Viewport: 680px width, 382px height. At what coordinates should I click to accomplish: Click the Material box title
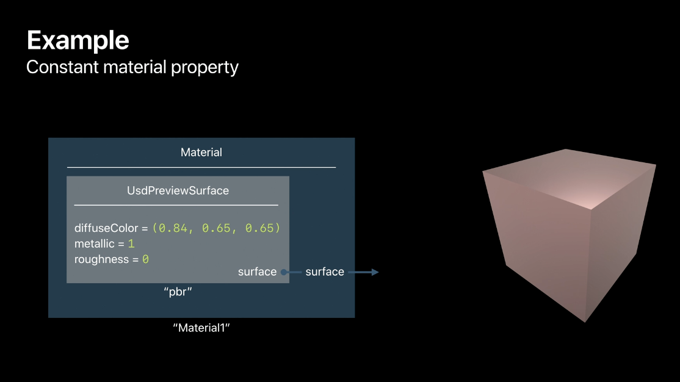coord(201,153)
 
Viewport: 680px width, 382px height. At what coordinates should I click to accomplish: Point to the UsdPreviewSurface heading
coord(178,191)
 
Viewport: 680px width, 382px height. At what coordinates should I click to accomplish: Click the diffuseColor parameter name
coord(106,228)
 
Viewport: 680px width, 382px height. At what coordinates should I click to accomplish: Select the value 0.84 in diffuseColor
coord(173,228)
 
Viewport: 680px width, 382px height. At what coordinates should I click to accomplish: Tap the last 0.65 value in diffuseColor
coord(260,228)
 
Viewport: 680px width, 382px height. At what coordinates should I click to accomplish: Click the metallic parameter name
coord(94,243)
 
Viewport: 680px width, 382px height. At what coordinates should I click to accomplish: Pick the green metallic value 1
coord(131,243)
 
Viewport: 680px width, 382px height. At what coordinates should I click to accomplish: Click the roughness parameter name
coord(101,259)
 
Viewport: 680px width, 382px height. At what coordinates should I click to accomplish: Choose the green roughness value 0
coord(146,259)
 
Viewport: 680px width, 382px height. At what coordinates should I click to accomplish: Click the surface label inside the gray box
coord(257,272)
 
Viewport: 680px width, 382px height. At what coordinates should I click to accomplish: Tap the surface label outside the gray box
coord(325,272)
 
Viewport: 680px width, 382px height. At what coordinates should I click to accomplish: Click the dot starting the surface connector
coord(284,272)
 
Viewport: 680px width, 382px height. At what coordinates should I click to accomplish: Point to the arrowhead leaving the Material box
coord(375,272)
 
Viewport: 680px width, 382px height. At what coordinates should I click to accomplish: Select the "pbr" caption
coord(178,292)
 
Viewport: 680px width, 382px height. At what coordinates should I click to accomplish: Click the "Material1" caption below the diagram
coord(201,328)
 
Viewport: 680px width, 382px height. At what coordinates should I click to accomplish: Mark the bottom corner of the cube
coord(585,322)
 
